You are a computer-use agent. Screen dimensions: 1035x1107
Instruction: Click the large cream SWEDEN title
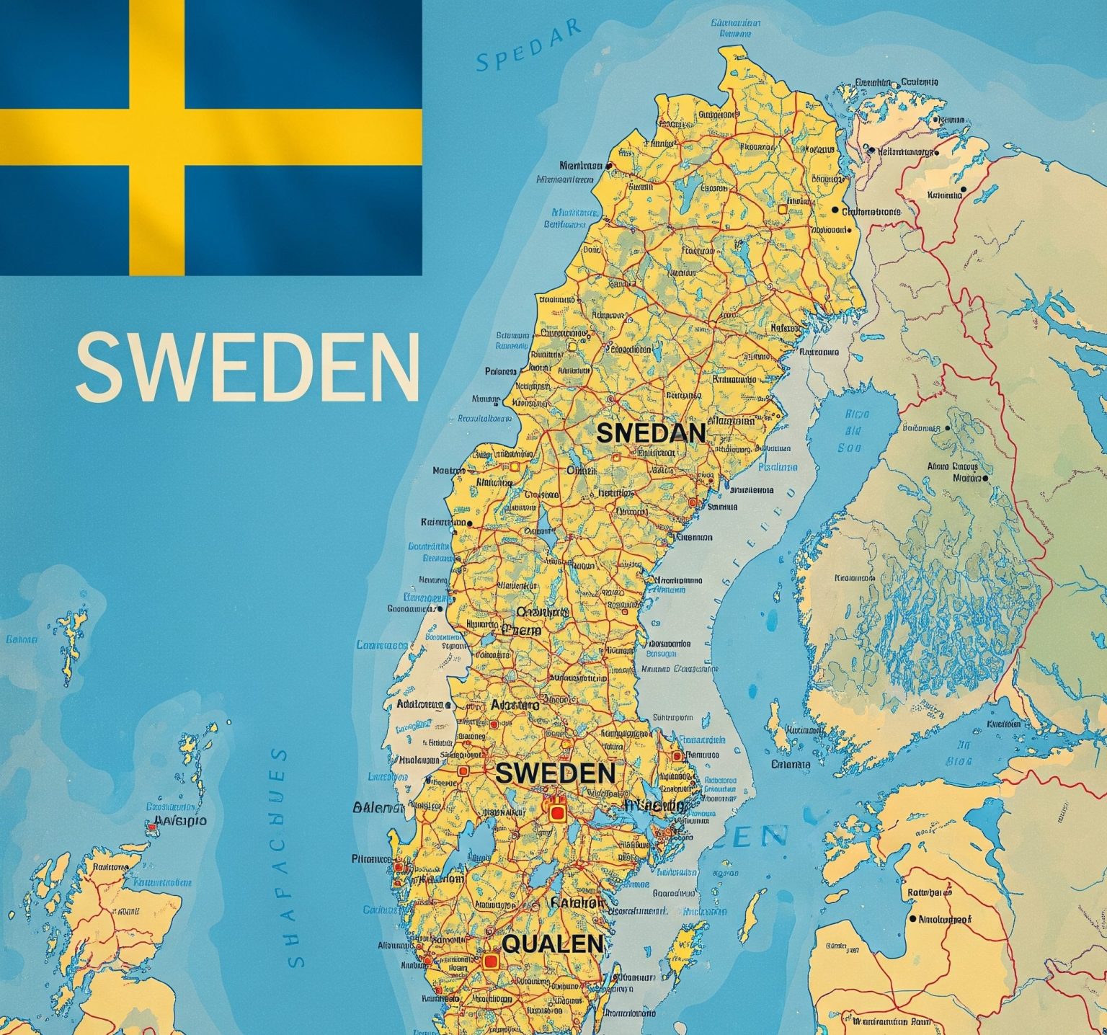click(247, 365)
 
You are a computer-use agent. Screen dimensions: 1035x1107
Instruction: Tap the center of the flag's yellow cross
click(157, 137)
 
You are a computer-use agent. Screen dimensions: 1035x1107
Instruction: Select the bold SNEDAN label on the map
click(652, 432)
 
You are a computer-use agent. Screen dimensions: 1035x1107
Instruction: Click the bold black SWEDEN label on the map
click(555, 773)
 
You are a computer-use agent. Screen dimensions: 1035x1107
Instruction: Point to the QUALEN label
click(552, 943)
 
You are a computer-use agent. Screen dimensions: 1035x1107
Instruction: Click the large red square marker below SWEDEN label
click(556, 813)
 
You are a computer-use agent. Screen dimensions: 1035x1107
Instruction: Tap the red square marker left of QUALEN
click(491, 961)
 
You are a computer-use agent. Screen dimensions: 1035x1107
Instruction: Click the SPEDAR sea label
click(528, 48)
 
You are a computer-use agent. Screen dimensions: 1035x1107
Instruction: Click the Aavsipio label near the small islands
click(180, 820)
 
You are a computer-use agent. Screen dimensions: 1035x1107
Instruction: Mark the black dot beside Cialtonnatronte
click(835, 210)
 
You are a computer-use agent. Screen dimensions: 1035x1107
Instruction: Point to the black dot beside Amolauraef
click(913, 920)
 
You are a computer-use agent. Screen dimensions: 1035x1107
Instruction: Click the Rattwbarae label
click(929, 892)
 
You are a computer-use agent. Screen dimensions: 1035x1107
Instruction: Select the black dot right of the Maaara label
click(985, 477)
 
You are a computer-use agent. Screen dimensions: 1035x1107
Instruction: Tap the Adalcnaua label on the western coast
click(420, 703)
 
